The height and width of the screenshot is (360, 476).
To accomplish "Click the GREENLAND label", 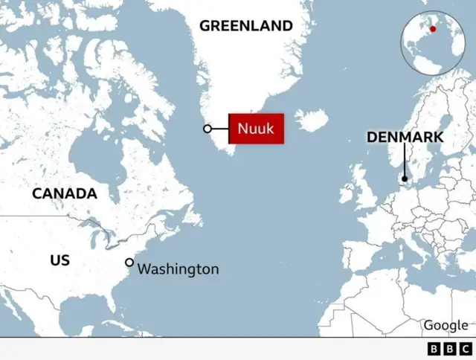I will pos(245,26).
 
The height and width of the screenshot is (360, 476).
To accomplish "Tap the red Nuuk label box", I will pos(256,129).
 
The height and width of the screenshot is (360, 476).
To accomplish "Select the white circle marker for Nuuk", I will pos(208,129).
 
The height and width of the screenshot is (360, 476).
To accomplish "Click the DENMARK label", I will pos(405,138).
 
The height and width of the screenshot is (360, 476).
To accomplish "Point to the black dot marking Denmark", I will pos(405,179).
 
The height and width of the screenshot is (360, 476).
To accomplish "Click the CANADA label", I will pos(64,194).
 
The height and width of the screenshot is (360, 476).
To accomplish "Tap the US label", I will pos(59,260).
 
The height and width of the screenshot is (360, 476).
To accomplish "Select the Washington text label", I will pos(178,269).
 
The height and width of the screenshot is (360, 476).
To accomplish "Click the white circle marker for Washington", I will pos(129,263).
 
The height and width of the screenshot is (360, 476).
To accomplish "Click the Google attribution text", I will pos(446,326).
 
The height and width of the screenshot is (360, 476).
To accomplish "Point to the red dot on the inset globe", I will pos(432,29).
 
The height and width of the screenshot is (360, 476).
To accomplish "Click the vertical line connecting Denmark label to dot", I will pos(405,160).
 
